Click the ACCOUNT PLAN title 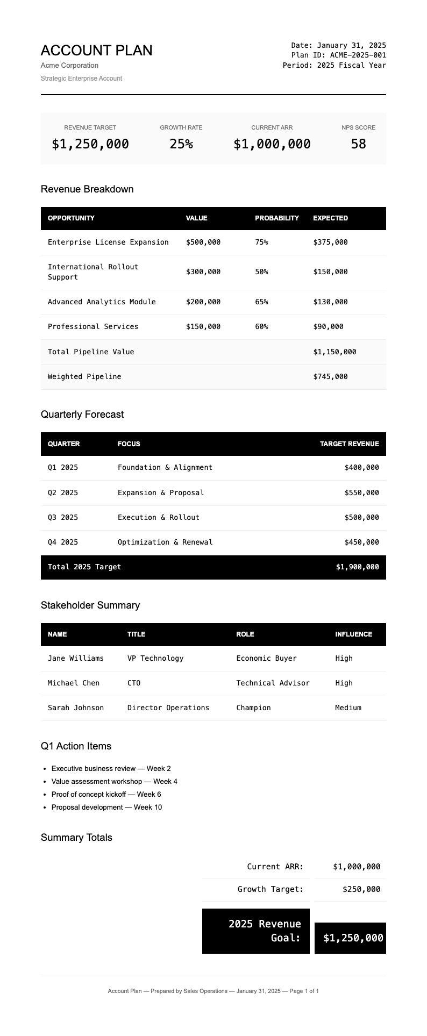click(96, 51)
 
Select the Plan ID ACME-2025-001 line click(338, 55)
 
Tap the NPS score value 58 click(358, 144)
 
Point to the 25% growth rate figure click(181, 144)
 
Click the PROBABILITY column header click(276, 218)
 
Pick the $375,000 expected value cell click(330, 242)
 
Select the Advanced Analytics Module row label click(102, 302)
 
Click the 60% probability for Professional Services click(261, 327)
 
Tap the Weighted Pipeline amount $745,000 click(330, 377)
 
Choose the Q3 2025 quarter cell click(63, 518)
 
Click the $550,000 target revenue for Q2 click(361, 493)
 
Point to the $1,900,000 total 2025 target click(357, 567)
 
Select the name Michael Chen click(74, 683)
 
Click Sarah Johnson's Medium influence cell click(348, 708)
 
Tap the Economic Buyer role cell click(266, 659)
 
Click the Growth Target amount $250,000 click(361, 889)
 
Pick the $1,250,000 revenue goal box click(353, 938)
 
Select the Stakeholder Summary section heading click(90, 605)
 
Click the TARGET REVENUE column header click(349, 444)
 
